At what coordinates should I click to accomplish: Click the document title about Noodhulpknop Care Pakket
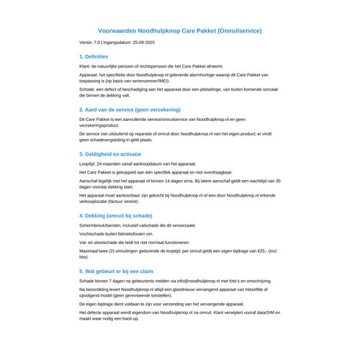pos(179,31)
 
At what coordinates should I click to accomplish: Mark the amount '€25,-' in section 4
pos(261,249)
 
